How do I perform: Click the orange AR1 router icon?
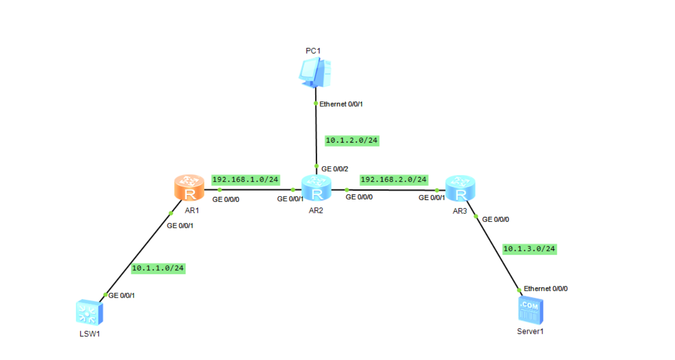pos(189,187)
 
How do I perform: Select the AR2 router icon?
pos(316,188)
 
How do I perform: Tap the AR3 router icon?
pos(460,188)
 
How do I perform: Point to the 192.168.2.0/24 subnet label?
pos(394,179)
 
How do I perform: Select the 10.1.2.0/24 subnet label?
pos(352,141)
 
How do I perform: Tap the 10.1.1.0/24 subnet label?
pos(158,268)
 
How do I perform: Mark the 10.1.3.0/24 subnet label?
pos(529,248)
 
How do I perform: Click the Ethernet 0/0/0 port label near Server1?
pos(545,289)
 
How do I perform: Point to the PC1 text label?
pos(313,51)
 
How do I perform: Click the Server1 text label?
pos(529,331)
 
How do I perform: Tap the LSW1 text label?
pos(89,334)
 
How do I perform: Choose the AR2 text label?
pos(316,210)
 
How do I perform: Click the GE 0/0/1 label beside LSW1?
pos(122,295)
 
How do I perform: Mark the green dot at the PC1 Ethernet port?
pos(316,104)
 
